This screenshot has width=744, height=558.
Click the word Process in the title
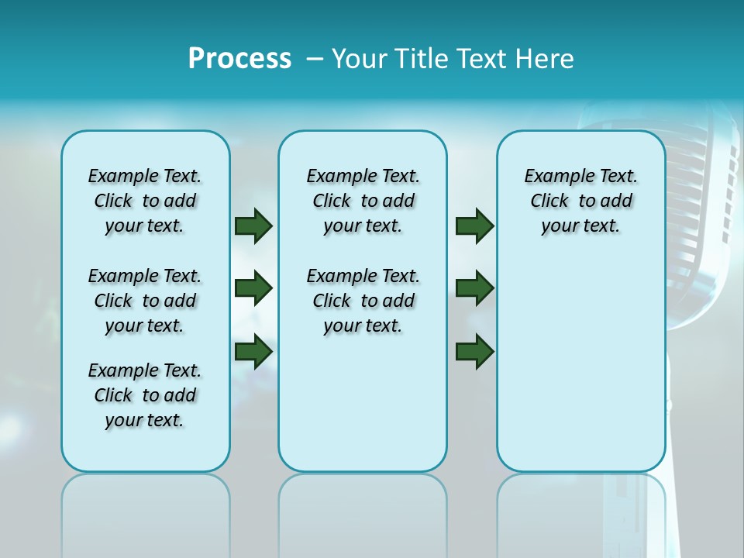click(239, 59)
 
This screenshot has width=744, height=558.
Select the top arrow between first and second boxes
click(253, 226)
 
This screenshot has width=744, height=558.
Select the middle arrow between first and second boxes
click(253, 288)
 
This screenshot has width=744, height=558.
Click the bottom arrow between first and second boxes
click(253, 352)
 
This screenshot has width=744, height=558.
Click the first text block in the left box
click(145, 201)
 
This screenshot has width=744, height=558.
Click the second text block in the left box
click(145, 301)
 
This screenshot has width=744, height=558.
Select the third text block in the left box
click(145, 395)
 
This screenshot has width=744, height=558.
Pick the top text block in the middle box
click(363, 201)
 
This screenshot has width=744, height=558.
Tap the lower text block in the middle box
click(363, 301)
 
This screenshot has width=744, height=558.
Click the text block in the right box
click(581, 201)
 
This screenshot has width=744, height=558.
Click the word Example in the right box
click(553, 177)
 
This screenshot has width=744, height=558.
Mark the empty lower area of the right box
click(581, 372)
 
